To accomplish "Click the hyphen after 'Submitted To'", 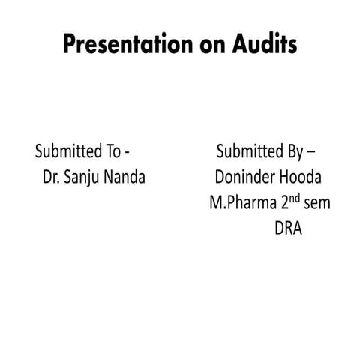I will coord(127,153).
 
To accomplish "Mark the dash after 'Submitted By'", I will coord(311,153).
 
